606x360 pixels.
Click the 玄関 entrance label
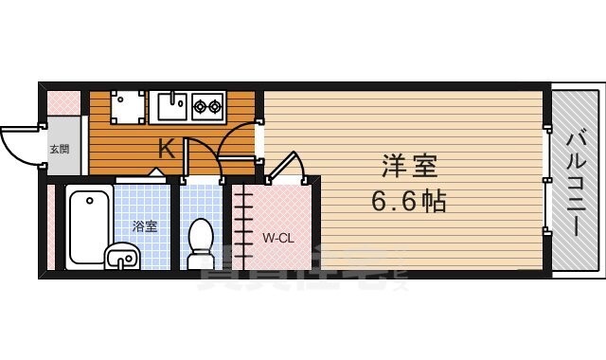tap(59, 150)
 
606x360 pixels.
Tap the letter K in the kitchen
tap(166, 148)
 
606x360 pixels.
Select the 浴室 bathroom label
tap(144, 225)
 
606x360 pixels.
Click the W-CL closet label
tap(277, 238)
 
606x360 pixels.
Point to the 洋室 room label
tap(409, 167)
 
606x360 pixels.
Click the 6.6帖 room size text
tap(409, 201)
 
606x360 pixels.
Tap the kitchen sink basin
tap(170, 106)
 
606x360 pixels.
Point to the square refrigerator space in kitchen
tap(128, 106)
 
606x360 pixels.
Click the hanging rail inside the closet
tap(243, 227)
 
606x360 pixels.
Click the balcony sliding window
tap(547, 180)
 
